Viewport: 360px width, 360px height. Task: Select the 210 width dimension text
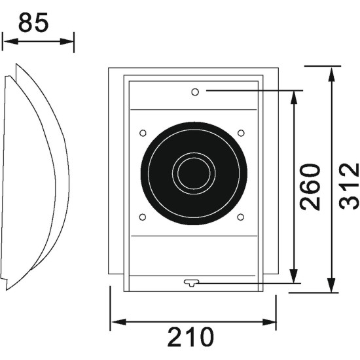[190, 337]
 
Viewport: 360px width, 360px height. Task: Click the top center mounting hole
[195, 92]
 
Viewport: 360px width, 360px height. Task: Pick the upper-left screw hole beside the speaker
[143, 133]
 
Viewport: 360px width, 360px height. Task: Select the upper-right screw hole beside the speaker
[241, 133]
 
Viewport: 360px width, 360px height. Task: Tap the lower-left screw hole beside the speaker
[143, 217]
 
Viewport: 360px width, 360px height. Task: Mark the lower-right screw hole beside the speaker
[241, 217]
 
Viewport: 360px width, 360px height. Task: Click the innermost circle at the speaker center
[194, 173]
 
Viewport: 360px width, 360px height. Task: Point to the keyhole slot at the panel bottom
[192, 283]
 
